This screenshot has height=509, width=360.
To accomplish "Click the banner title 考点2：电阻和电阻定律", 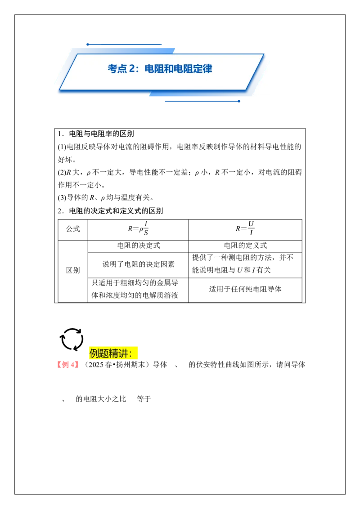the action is (x=160, y=69).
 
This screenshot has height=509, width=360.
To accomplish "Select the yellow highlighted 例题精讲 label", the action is (x=113, y=353).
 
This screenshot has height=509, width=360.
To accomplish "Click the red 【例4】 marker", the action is (x=67, y=365).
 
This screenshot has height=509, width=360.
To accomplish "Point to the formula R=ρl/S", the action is (x=138, y=228).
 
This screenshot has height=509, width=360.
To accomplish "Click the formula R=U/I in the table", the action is (x=245, y=228).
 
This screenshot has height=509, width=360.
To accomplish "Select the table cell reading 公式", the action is (x=73, y=229).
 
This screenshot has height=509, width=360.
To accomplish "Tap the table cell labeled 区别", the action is (x=73, y=270).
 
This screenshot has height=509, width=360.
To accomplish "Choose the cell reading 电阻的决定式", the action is (x=139, y=246).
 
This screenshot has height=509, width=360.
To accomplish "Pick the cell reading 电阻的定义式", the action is (x=245, y=246).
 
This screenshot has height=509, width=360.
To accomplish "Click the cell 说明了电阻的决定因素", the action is (x=139, y=264).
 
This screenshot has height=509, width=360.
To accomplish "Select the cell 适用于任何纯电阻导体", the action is (x=245, y=289).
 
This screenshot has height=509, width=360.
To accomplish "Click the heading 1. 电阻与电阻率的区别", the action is (x=96, y=134).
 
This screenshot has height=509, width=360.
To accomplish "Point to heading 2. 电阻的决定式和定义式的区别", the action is (x=110, y=211).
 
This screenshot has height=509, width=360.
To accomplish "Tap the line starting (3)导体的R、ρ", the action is (x=106, y=197).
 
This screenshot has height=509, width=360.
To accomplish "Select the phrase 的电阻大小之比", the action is (x=101, y=399).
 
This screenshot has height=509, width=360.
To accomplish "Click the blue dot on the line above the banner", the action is (x=88, y=45).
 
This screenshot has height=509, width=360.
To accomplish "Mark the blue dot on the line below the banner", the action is (x=239, y=101).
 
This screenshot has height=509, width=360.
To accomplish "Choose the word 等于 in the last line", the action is (x=144, y=399).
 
